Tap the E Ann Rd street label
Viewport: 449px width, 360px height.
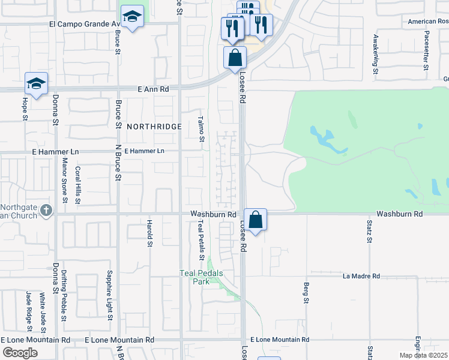pos(152,89)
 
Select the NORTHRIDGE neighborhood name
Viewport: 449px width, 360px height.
pos(154,127)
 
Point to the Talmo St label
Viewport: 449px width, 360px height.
pos(202,129)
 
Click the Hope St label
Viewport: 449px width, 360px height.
pos(26,109)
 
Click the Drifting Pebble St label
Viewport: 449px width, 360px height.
pos(64,292)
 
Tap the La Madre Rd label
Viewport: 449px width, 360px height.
pos(361,276)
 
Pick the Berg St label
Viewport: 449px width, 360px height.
pos(306,292)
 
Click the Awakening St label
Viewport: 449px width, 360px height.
pos(375,54)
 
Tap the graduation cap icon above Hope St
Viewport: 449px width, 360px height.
pos(36,83)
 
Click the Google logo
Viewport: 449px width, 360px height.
pos(20,352)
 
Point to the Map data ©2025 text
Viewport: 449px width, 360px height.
pos(423,355)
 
